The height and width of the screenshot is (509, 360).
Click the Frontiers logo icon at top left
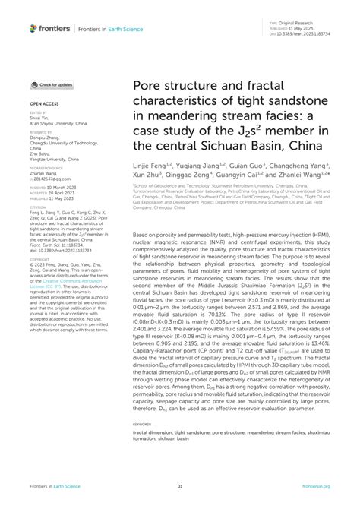[34, 28]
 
